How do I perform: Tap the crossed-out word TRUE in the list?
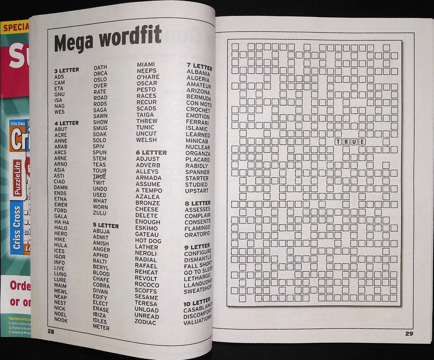pyautogui.click(x=99, y=176)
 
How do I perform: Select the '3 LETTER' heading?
pyautogui.click(x=66, y=70)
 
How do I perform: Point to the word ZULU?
pyautogui.click(x=99, y=213)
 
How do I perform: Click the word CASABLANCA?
pyautogui.click(x=197, y=310)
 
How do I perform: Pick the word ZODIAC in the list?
pyautogui.click(x=145, y=322)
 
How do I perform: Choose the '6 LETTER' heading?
pyautogui.click(x=151, y=152)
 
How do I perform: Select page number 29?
pyautogui.click(x=408, y=334)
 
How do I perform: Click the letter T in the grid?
pyautogui.click(x=337, y=142)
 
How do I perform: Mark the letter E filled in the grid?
pyautogui.click(x=362, y=142)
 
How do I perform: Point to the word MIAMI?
pyautogui.click(x=146, y=65)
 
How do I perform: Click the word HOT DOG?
pyautogui.click(x=148, y=241)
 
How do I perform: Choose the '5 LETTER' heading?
pyautogui.click(x=106, y=225)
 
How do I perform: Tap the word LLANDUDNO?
pyautogui.click(x=198, y=281)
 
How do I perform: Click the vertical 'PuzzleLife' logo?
pyautogui.click(x=18, y=178)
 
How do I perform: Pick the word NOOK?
pyautogui.click(x=61, y=320)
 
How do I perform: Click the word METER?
pyautogui.click(x=101, y=327)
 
